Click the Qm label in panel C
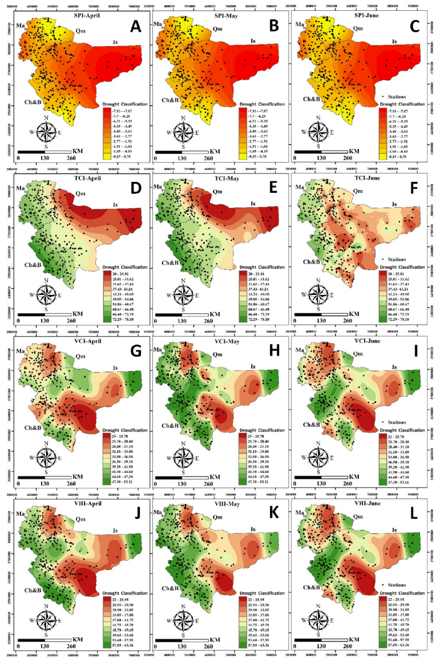(x=358, y=28)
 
